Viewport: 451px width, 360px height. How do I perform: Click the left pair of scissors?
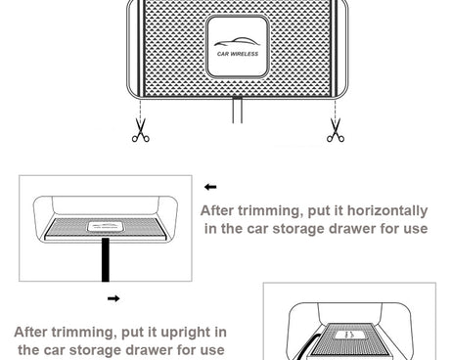[141, 130]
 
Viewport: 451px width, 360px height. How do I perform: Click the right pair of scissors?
[336, 130]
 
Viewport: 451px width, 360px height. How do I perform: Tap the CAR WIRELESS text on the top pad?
[238, 54]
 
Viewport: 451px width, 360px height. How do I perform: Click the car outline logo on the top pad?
[237, 42]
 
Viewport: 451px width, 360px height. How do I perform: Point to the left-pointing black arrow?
[210, 187]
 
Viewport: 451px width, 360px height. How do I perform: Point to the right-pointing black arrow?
[113, 298]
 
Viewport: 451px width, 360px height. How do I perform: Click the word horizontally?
[387, 211]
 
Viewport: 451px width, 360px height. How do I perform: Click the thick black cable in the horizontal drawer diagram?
[106, 259]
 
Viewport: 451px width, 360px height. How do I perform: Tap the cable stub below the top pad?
[238, 111]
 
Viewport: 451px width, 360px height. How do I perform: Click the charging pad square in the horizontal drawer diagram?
[105, 226]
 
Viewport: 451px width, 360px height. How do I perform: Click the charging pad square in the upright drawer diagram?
[349, 335]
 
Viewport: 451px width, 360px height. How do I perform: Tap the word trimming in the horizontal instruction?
[269, 211]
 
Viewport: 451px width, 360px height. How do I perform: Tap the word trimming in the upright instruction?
[82, 333]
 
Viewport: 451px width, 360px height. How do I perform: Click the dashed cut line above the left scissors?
[140, 109]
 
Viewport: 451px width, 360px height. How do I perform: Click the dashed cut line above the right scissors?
[336, 109]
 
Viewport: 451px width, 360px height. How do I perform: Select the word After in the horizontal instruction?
[217, 210]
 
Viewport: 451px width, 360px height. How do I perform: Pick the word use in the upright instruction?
[212, 350]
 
